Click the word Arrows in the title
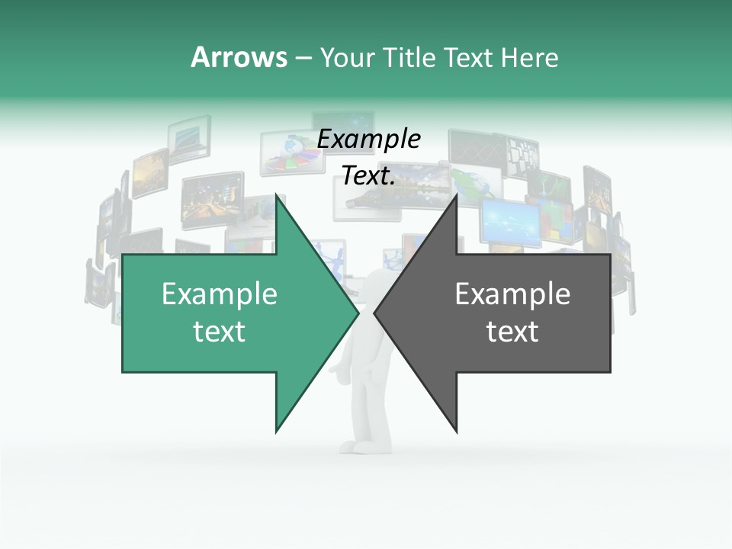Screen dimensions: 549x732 (x=239, y=57)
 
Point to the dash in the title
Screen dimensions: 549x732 (x=303, y=59)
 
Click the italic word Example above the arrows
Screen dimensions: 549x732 (x=368, y=140)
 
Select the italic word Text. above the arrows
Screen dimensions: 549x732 (x=368, y=176)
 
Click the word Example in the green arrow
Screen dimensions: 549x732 (x=220, y=294)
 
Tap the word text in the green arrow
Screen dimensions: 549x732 (x=220, y=332)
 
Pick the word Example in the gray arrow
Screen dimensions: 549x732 (x=512, y=294)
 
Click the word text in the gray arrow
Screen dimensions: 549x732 (x=512, y=332)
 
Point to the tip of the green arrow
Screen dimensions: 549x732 (x=357, y=313)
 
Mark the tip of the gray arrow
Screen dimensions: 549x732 (x=376, y=313)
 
